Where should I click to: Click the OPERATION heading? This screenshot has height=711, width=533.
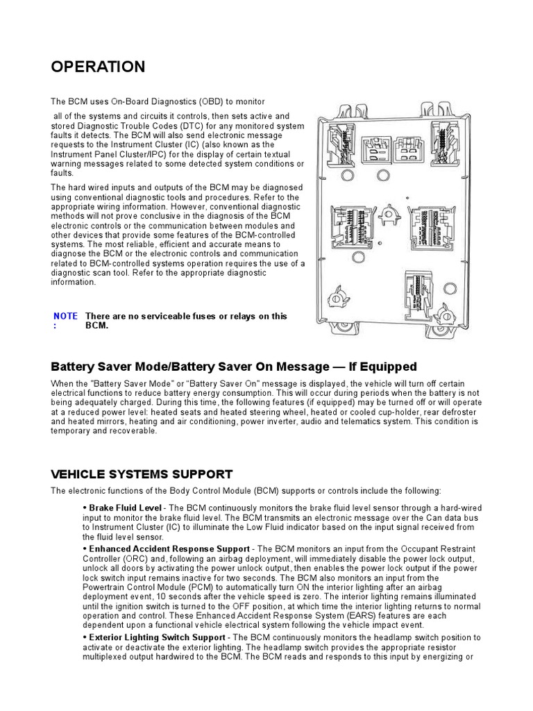(98, 67)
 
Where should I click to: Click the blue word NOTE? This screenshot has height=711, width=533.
(66, 316)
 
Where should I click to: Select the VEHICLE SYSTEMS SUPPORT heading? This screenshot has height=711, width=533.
(142, 474)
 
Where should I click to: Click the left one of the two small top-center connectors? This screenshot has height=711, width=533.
(378, 149)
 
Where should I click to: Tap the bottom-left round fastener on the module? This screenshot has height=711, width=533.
(339, 297)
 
